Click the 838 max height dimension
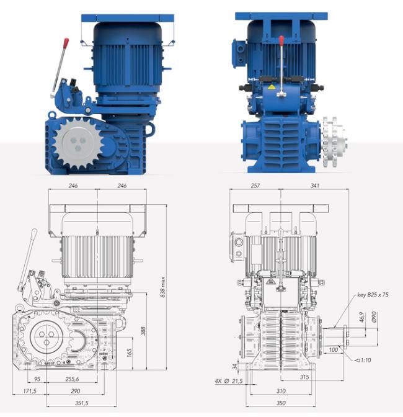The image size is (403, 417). [163, 287]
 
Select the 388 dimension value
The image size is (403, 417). [143, 331]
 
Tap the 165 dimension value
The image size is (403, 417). [129, 353]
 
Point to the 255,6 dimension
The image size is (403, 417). [72, 379]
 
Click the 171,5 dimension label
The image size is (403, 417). [30, 391]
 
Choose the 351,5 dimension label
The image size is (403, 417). [82, 403]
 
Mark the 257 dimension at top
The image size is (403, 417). [255, 186]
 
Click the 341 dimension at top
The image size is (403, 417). [314, 186]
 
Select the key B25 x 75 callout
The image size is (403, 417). [373, 295]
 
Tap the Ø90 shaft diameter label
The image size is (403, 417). [374, 317]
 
